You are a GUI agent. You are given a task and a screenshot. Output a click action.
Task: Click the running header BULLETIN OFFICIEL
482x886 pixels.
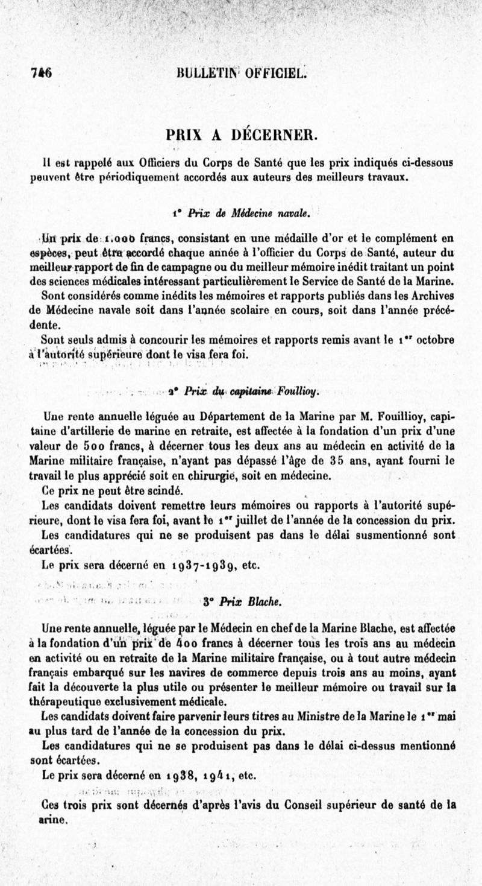pyautogui.click(x=243, y=74)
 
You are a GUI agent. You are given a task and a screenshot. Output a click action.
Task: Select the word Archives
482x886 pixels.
pyautogui.click(x=429, y=296)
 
